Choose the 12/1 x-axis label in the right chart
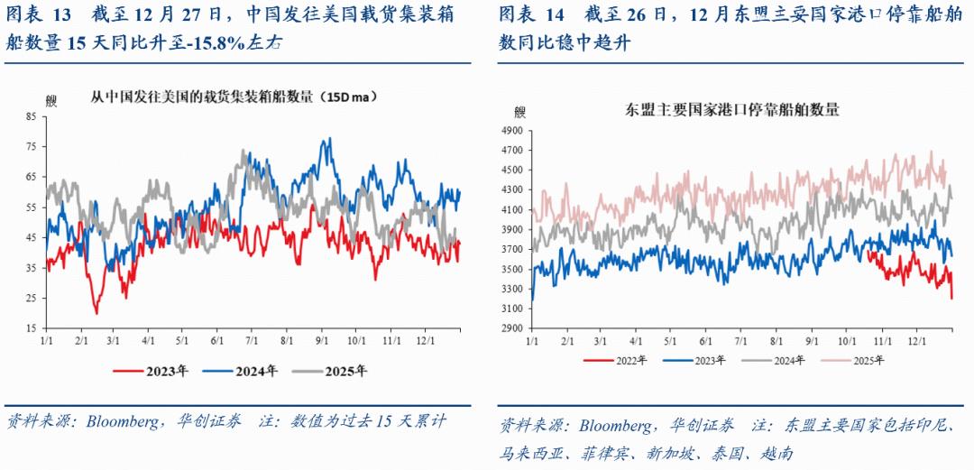pyautogui.click(x=917, y=341)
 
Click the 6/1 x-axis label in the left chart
pyautogui.click(x=217, y=341)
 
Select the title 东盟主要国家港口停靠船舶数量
pyautogui.click(x=731, y=110)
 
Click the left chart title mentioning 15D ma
pyautogui.click(x=234, y=97)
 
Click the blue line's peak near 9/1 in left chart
pyautogui.click(x=328, y=139)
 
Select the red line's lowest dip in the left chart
pyautogui.click(x=96, y=313)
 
